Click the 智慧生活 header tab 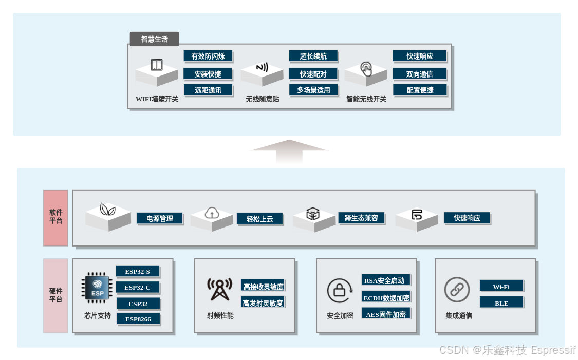click(x=154, y=39)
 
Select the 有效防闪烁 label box click(x=208, y=56)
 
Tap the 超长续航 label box click(x=313, y=56)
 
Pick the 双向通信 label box click(x=419, y=74)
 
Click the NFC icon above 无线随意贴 click(x=262, y=67)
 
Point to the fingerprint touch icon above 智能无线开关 click(x=366, y=68)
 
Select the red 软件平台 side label click(x=55, y=218)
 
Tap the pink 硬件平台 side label click(x=55, y=295)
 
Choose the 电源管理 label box click(x=160, y=218)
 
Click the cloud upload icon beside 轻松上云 click(x=212, y=213)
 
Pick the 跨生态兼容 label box click(x=361, y=218)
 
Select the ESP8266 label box click(x=138, y=319)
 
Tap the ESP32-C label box click(x=137, y=287)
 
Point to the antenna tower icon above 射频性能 click(x=219, y=290)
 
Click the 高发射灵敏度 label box click(x=263, y=302)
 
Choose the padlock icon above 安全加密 click(x=339, y=291)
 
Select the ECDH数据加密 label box click(x=386, y=298)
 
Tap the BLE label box click(x=501, y=303)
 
